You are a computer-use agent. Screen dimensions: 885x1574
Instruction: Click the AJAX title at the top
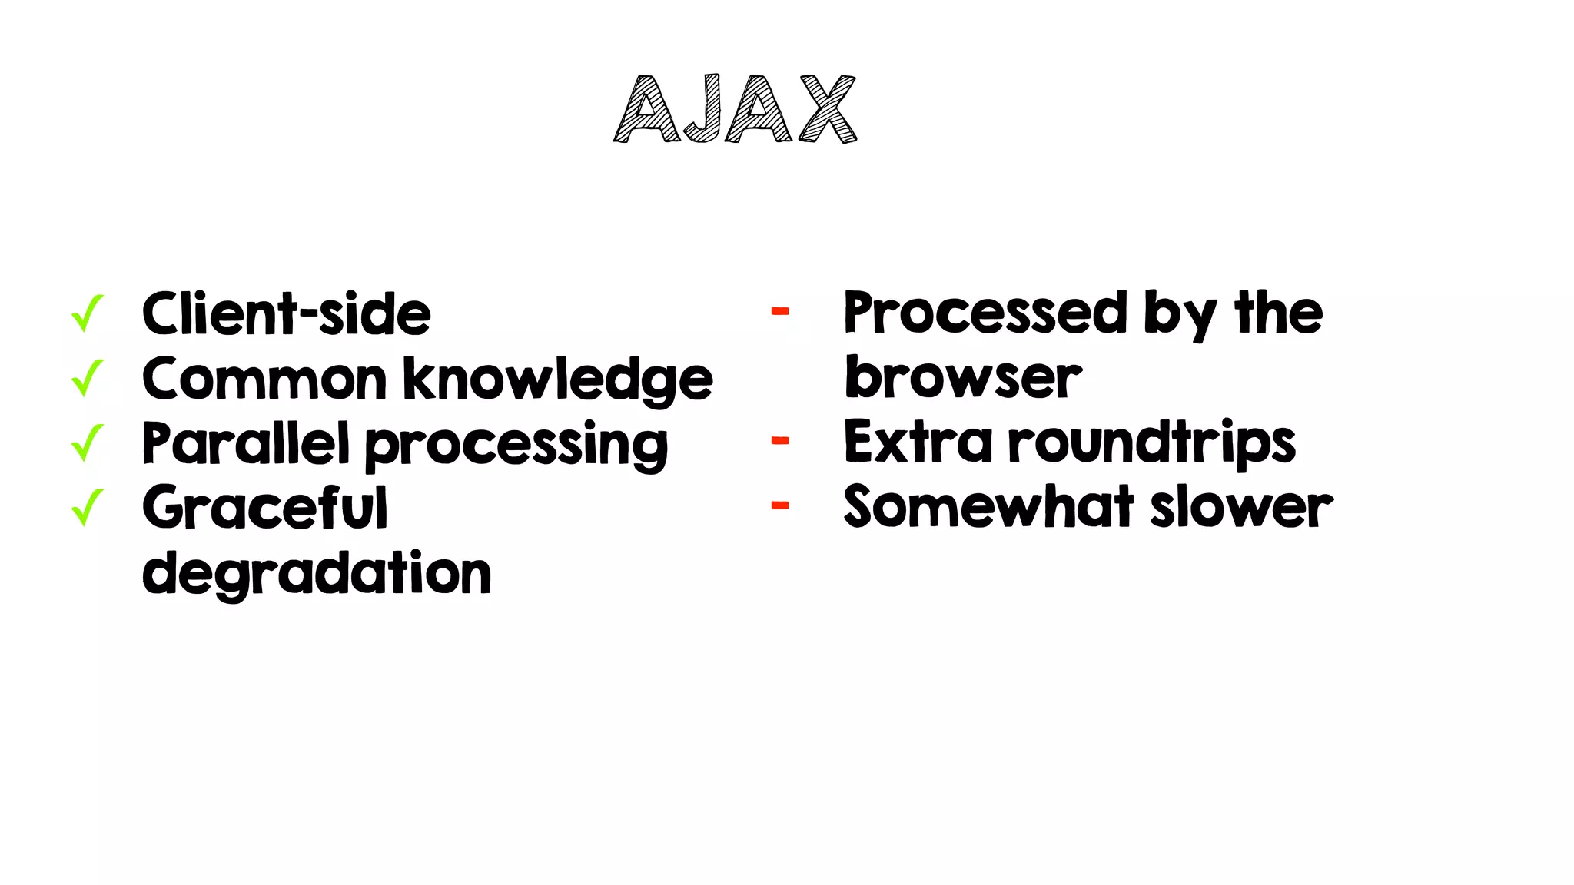click(x=735, y=109)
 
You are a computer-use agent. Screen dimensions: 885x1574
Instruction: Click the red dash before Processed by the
click(x=780, y=311)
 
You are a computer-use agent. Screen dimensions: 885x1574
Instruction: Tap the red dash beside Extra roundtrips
click(x=780, y=441)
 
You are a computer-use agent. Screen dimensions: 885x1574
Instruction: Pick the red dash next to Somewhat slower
click(x=780, y=505)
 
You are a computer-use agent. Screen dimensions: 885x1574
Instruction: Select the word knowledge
click(x=558, y=380)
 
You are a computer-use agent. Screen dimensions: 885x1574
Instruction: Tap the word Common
click(x=264, y=380)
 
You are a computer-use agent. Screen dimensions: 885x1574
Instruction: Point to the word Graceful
click(x=265, y=508)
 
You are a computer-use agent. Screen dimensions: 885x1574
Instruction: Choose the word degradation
click(x=317, y=574)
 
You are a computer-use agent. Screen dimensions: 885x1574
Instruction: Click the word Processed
click(x=986, y=313)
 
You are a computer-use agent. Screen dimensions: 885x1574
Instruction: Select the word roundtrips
click(x=1152, y=443)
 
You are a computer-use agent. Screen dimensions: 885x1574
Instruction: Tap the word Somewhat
click(x=988, y=507)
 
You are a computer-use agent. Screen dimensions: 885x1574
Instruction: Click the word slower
click(x=1242, y=507)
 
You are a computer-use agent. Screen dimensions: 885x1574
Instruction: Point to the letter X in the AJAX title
click(x=828, y=109)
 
